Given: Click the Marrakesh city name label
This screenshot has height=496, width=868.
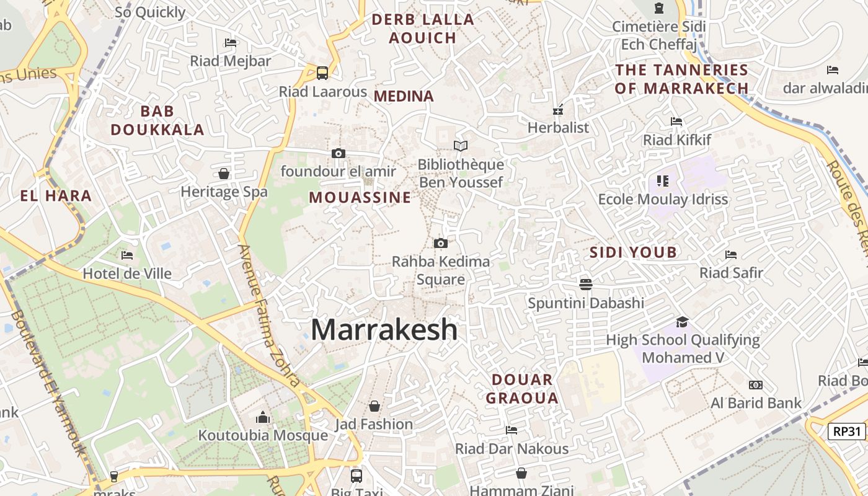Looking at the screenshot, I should pyautogui.click(x=384, y=329).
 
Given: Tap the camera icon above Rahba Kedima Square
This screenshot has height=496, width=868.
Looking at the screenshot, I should pyautogui.click(x=441, y=243).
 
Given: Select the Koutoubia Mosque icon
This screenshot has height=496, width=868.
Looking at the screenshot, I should pyautogui.click(x=263, y=417).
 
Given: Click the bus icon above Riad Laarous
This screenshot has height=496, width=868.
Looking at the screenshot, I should pyautogui.click(x=322, y=73).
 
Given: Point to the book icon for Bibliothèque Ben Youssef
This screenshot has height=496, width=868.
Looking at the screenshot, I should pyautogui.click(x=460, y=146).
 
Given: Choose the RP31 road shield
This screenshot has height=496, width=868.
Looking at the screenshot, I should pyautogui.click(x=846, y=432).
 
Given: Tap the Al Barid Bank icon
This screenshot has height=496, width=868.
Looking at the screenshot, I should pyautogui.click(x=755, y=385).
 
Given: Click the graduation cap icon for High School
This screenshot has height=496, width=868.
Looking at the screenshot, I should pyautogui.click(x=682, y=322).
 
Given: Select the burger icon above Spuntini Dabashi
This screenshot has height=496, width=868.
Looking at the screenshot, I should pyautogui.click(x=586, y=285).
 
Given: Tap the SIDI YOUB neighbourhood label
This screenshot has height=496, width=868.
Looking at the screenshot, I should pyautogui.click(x=633, y=252).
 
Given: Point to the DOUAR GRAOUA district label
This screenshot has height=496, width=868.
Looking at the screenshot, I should pyautogui.click(x=522, y=389).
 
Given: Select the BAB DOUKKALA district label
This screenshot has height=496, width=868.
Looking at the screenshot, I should pyautogui.click(x=157, y=120).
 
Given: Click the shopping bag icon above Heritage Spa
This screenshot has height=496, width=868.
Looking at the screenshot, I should pyautogui.click(x=224, y=174).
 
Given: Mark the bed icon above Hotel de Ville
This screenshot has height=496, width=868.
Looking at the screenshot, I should pyautogui.click(x=127, y=255).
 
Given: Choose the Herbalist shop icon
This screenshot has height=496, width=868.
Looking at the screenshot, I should pyautogui.click(x=558, y=110).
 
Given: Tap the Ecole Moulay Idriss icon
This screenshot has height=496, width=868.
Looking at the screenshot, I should pyautogui.click(x=662, y=181).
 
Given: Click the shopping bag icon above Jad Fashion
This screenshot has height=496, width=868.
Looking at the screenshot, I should pyautogui.click(x=374, y=406).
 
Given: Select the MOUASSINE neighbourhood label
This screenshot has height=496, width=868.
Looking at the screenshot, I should pyautogui.click(x=360, y=197).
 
